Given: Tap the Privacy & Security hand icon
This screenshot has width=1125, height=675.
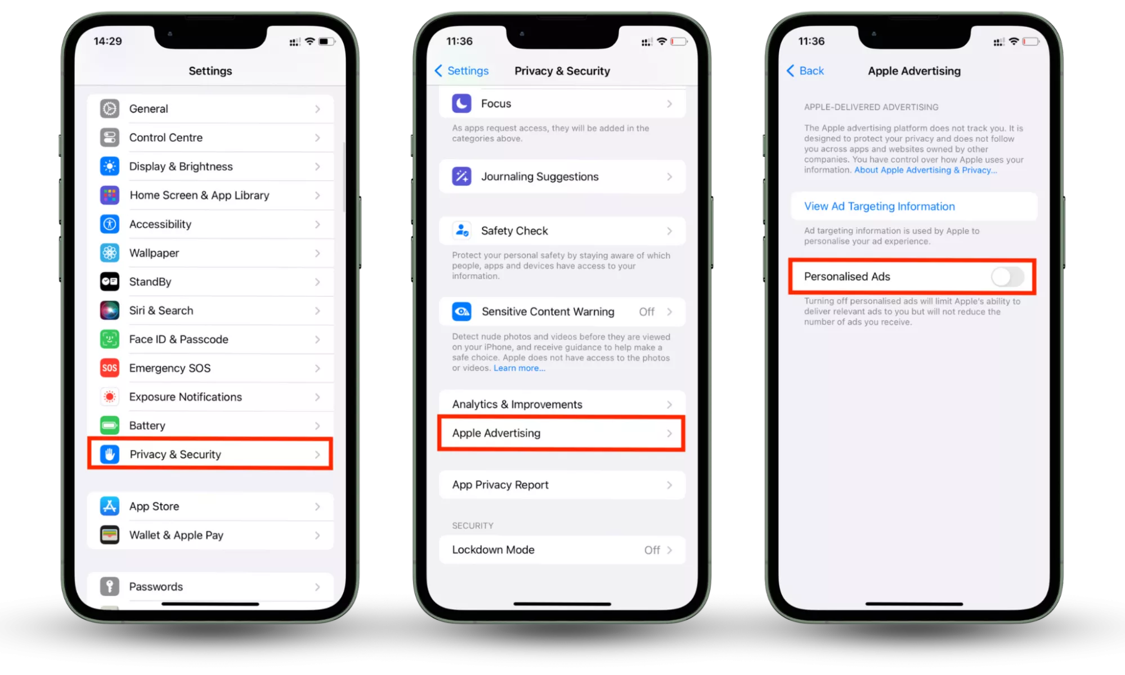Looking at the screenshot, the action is [110, 454].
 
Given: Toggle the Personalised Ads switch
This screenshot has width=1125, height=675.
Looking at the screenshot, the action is [1007, 276].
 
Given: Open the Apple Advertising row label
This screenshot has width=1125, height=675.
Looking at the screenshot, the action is [496, 433].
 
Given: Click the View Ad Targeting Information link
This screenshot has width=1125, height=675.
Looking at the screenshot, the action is [880, 206].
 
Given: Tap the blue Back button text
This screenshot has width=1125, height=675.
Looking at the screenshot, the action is [812, 71].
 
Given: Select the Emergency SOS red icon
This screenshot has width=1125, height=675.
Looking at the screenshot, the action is [110, 368].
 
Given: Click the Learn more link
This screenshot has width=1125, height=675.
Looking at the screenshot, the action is [519, 368].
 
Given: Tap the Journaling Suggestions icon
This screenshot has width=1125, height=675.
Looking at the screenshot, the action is [462, 177].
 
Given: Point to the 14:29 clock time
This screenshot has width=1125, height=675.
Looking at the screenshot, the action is [107, 41].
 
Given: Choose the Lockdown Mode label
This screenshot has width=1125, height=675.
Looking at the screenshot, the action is [494, 550].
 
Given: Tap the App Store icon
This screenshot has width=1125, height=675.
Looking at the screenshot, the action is [110, 506].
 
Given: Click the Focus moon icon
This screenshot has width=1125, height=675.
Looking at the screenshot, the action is [462, 103].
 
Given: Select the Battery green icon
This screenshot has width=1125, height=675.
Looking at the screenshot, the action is [110, 425].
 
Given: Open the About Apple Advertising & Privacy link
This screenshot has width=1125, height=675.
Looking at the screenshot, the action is [925, 170].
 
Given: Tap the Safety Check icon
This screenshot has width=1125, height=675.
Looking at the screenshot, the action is [462, 231].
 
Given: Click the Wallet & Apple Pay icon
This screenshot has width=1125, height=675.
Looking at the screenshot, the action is [110, 535].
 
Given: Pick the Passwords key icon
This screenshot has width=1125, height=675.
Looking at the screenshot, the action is [110, 586].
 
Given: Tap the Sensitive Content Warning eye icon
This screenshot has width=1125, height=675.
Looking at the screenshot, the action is [462, 312].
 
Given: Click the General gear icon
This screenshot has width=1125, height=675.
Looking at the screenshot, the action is [110, 109].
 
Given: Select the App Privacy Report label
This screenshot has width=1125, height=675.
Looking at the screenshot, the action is [500, 485].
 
